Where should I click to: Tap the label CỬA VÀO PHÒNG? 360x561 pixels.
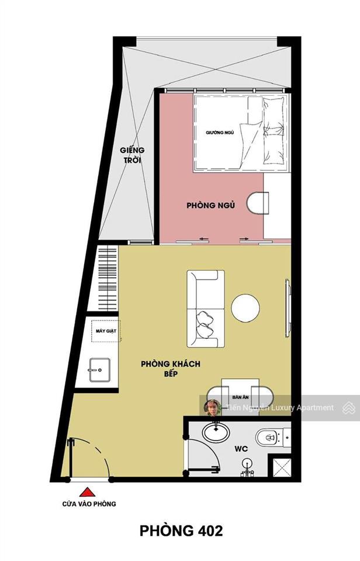click(89, 504)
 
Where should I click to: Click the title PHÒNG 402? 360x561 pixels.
click(181, 531)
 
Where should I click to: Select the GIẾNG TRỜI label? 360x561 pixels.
click(133, 155)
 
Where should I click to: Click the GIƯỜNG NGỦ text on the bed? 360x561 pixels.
click(220, 133)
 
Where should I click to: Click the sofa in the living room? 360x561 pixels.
click(205, 309)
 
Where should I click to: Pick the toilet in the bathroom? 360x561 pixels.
click(270, 437)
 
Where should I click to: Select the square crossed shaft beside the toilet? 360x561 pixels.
click(279, 466)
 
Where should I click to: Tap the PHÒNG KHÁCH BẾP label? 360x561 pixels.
click(171, 368)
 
